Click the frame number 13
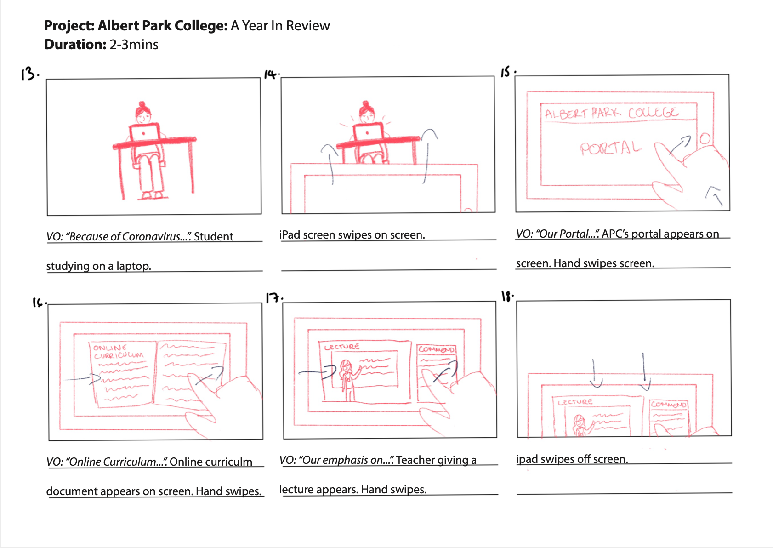[x=29, y=74]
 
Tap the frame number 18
[x=506, y=296]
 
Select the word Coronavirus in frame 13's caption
[x=151, y=237]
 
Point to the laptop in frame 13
[x=144, y=132]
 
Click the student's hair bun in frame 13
[x=142, y=104]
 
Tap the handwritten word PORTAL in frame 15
[x=610, y=148]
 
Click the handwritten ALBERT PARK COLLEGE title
[x=611, y=113]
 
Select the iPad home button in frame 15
[x=705, y=138]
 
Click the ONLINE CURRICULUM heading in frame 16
[x=118, y=352]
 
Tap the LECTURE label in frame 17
[x=341, y=347]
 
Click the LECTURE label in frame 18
[x=575, y=402]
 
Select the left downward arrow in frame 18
[x=595, y=375]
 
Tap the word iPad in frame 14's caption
[x=290, y=235]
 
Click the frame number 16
[x=39, y=302]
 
